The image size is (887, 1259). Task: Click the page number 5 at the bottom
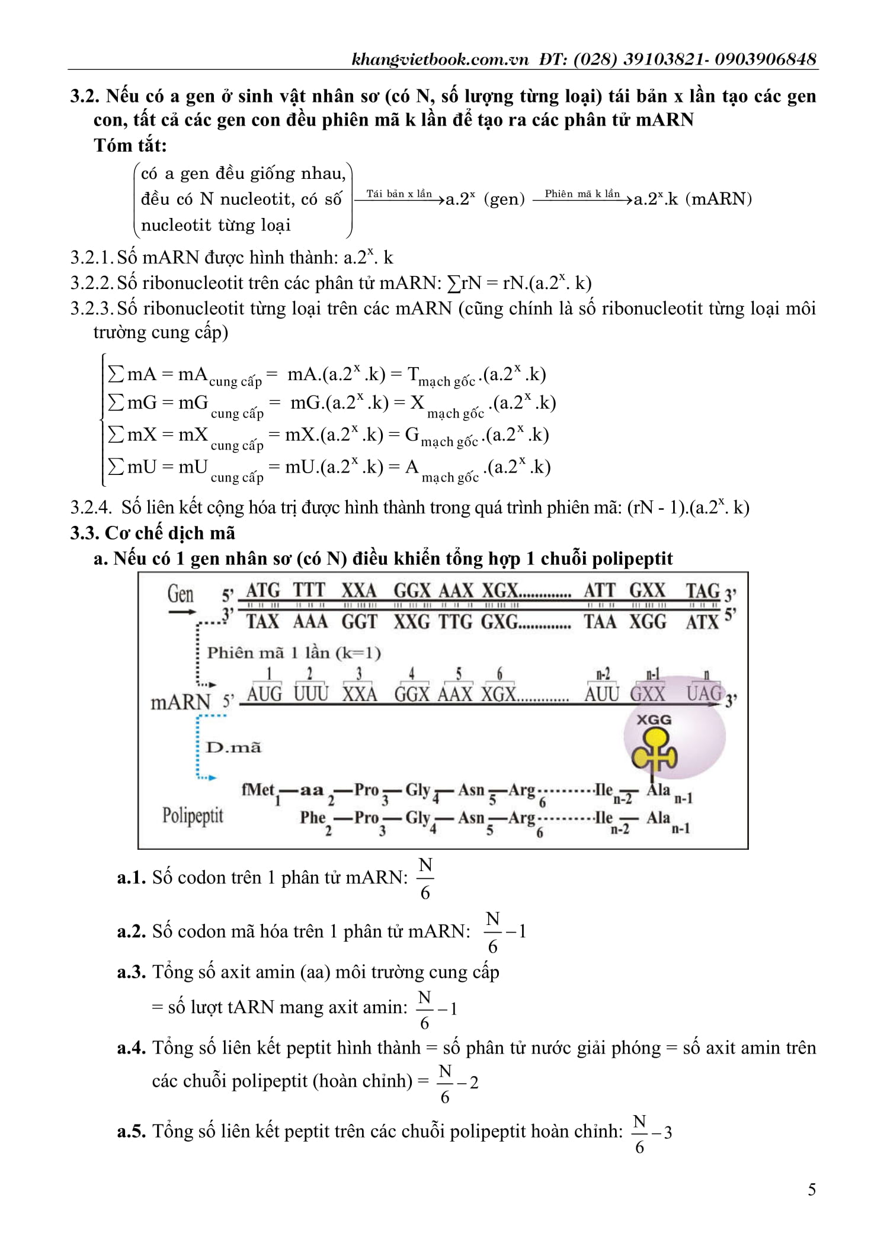811,1189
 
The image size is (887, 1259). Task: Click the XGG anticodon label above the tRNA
654,720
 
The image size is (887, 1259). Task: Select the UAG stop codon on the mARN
703,693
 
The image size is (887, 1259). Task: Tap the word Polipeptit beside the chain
193,815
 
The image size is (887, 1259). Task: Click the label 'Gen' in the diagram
180,593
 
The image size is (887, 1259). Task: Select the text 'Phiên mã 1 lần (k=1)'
293,653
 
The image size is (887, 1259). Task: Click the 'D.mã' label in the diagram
233,747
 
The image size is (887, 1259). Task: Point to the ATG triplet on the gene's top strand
262,590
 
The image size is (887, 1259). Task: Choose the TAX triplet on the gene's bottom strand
262,621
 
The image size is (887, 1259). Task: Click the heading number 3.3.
85,533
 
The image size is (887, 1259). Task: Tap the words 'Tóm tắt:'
130,145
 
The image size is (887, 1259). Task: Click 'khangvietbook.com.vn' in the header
439,59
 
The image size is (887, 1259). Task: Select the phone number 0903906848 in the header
765,59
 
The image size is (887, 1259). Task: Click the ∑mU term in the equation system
126,467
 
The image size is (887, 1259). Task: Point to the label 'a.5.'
132,1131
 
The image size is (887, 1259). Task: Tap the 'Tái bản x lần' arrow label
399,194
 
